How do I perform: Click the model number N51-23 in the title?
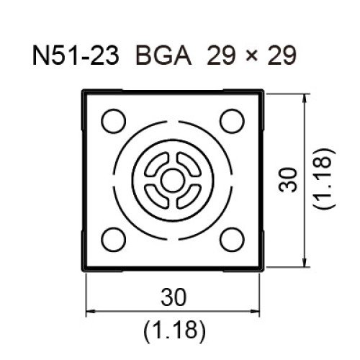point(76,55)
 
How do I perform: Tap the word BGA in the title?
point(163,55)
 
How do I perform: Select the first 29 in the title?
point(221,55)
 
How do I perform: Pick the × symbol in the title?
point(251,57)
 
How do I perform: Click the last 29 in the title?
point(282,55)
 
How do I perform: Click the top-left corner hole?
point(114,121)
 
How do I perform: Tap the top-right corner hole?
point(232,121)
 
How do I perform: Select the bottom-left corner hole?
point(114,240)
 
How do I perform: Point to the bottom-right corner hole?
point(232,240)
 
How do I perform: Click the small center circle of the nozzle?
point(173,181)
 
